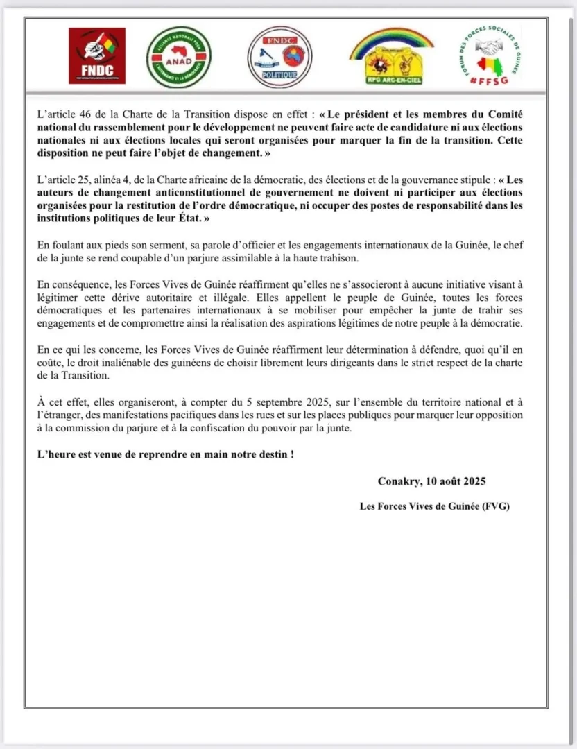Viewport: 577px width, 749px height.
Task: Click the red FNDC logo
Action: (96, 55)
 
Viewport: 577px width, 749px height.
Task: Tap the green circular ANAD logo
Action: (178, 57)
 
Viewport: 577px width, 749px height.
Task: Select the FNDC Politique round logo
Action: (279, 57)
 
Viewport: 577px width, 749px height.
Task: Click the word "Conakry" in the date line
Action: (399, 481)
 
